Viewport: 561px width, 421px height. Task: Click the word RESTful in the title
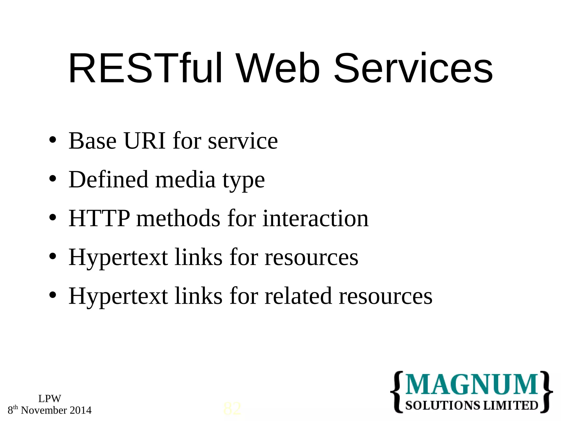[145, 68]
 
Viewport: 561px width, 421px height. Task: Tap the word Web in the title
[278, 68]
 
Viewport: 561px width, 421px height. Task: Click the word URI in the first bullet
[145, 141]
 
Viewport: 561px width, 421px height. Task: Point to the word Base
[93, 141]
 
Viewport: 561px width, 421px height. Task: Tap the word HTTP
[99, 218]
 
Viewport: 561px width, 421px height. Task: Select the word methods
[178, 218]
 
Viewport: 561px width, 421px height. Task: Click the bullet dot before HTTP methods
[53, 218]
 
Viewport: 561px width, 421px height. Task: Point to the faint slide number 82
[232, 409]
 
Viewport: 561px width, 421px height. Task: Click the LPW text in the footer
[50, 399]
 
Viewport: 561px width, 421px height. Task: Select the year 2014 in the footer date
[81, 410]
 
